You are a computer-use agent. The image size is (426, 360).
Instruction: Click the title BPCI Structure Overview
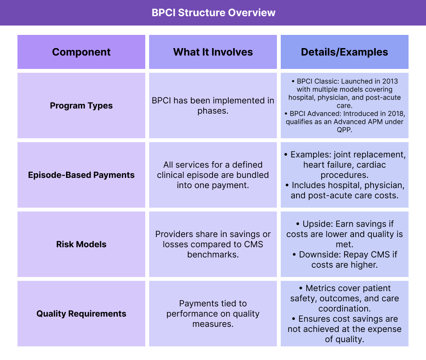coord(213,13)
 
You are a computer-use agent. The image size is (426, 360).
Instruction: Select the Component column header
coord(81,52)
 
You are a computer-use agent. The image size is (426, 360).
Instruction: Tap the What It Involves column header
coord(213,52)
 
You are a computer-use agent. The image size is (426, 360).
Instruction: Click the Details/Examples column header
coord(344,52)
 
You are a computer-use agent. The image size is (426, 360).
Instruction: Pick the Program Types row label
coord(81,106)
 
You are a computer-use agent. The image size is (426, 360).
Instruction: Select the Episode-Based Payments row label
coord(81,175)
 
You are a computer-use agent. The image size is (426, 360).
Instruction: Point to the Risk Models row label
coord(81,244)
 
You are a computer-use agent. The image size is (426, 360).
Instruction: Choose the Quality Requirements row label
coord(81,314)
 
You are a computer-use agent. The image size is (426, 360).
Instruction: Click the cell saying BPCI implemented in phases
coord(213,106)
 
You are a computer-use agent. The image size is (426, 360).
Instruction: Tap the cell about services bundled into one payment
coord(213,175)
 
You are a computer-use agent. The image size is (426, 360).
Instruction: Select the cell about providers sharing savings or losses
coord(213,244)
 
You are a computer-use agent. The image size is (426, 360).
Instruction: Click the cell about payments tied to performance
coord(213,314)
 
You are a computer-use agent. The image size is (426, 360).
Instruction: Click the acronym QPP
coord(344,130)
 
